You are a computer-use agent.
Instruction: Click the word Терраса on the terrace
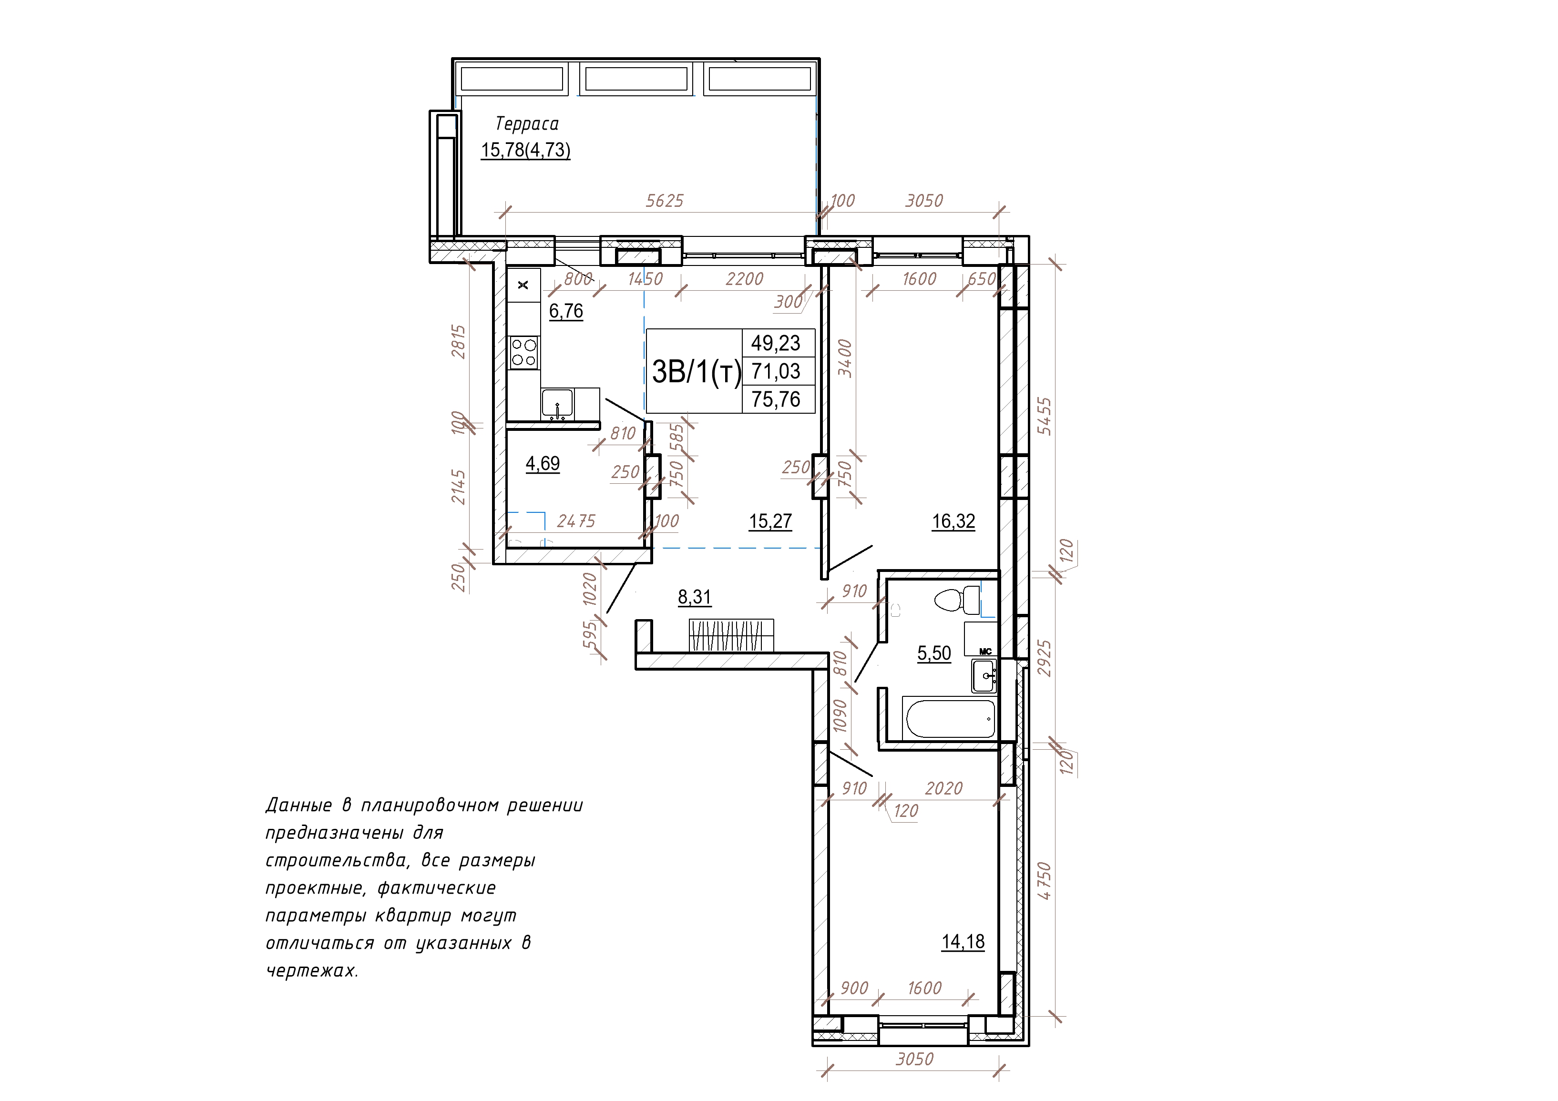pyautogui.click(x=527, y=124)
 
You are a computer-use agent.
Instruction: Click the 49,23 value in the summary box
pyautogui.click(x=776, y=343)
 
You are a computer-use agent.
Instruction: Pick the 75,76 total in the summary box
pyautogui.click(x=776, y=399)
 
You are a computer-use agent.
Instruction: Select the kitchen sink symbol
pyautogui.click(x=557, y=404)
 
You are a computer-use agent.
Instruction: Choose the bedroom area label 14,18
pyautogui.click(x=963, y=942)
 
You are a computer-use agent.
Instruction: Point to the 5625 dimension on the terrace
pyautogui.click(x=664, y=201)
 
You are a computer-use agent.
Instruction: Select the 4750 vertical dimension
pyautogui.click(x=1045, y=880)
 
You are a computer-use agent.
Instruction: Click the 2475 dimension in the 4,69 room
pyautogui.click(x=576, y=521)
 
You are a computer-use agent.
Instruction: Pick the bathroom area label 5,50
pyautogui.click(x=934, y=653)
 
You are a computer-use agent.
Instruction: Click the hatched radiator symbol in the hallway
pyautogui.click(x=731, y=635)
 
